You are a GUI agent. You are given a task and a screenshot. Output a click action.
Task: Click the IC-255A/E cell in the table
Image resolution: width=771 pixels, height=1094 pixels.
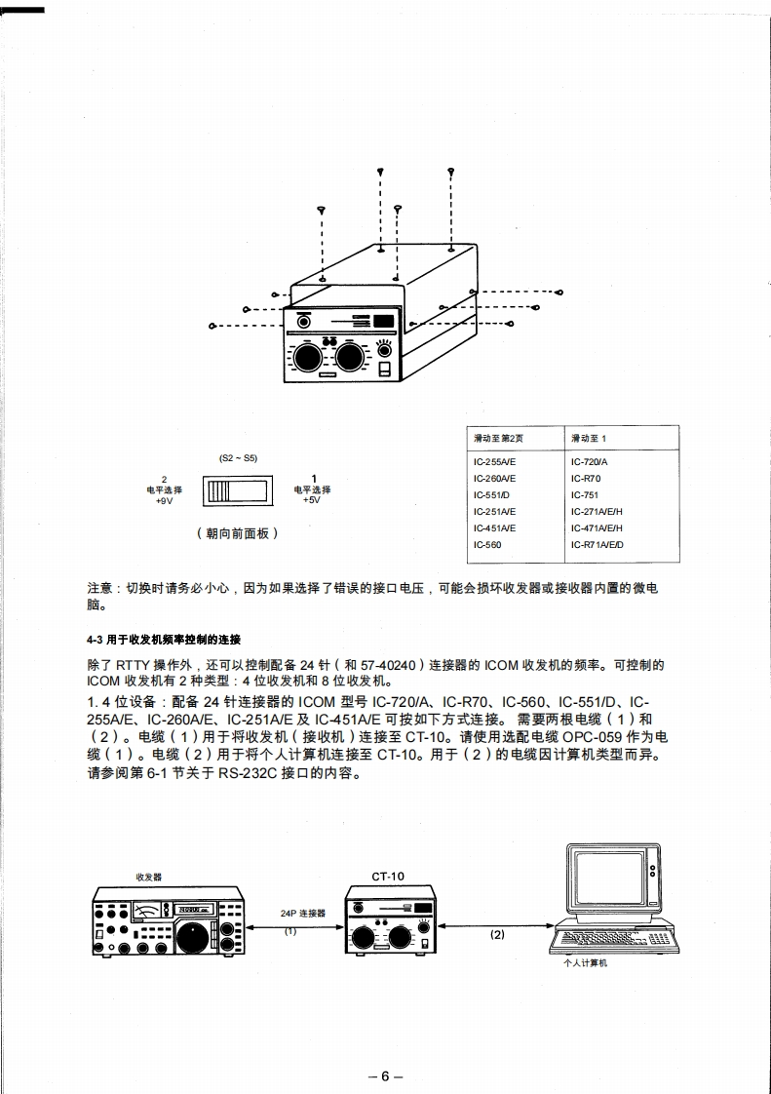(x=494, y=462)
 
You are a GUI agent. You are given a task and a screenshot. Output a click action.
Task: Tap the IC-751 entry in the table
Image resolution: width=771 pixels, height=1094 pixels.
(x=586, y=495)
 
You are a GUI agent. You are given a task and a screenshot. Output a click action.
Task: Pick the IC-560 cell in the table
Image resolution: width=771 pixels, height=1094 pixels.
(x=487, y=544)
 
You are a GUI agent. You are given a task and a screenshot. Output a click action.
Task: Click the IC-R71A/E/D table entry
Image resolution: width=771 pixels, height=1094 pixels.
(x=598, y=544)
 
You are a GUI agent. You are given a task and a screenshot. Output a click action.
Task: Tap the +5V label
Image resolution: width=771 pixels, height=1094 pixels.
(x=312, y=499)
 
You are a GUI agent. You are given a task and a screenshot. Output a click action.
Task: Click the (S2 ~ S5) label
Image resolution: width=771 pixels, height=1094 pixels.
(x=238, y=457)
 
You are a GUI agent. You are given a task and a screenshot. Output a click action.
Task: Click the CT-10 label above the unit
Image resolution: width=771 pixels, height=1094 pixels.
(x=387, y=877)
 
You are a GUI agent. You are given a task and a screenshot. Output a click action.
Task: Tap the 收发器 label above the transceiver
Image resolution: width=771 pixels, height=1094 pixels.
(x=149, y=878)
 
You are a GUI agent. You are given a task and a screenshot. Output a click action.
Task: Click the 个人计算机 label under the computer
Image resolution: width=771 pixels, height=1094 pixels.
(x=585, y=963)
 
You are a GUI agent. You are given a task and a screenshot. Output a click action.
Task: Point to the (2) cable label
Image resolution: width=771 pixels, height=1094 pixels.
(x=497, y=934)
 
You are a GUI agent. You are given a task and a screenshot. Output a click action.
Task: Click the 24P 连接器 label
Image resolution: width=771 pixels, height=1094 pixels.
(x=302, y=915)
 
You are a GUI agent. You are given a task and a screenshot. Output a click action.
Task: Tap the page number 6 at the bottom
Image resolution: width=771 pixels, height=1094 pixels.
(x=385, y=1076)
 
